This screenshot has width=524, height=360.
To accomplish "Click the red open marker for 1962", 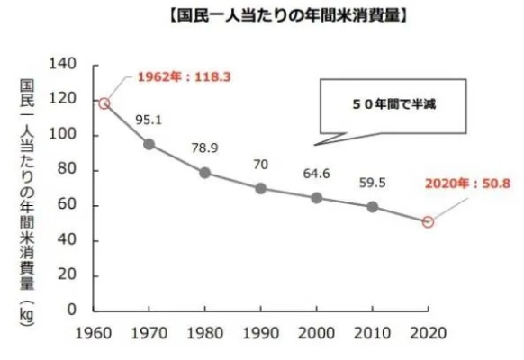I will (104, 103).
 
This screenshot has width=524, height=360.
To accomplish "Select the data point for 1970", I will (148, 144).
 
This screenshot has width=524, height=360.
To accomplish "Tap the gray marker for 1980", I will (205, 173).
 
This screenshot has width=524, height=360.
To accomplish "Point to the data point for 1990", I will (260, 188).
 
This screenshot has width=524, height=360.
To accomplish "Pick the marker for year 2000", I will (316, 197).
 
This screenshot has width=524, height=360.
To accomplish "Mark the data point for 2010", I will (372, 206).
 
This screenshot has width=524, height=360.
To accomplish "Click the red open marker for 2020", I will (428, 221).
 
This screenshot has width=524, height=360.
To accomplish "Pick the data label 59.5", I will (374, 181).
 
